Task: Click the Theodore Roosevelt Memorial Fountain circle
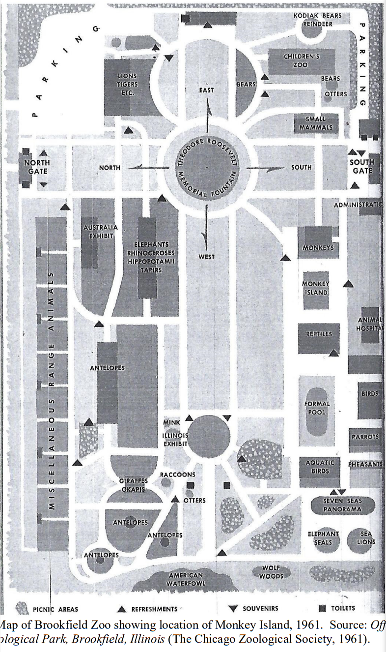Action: pos(206,168)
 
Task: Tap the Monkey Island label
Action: pos(315,288)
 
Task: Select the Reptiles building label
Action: pos(319,334)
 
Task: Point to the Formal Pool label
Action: pos(317,408)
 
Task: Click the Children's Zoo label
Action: pos(302,60)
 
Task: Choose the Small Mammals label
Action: pos(315,123)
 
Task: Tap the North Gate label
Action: pos(37,167)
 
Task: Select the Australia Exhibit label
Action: pos(100,232)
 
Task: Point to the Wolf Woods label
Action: pos(271,571)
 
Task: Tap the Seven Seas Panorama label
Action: pos(342,504)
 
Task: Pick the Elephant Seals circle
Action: pos(323,538)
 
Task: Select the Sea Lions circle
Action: pos(365,538)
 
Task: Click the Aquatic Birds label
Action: pos(320,467)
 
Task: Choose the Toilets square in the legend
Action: pos(323,609)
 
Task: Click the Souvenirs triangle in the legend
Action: pos(233,609)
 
